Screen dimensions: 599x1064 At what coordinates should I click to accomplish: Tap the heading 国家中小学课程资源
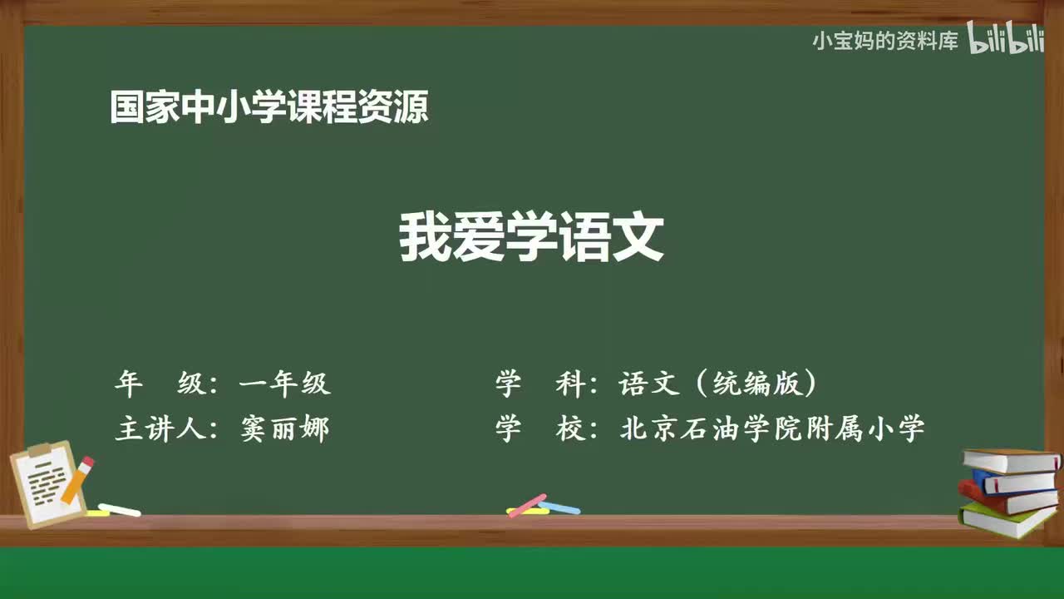[x=269, y=107]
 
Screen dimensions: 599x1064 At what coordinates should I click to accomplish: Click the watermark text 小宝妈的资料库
[x=885, y=41]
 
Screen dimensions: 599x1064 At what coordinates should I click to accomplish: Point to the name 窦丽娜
[x=285, y=429]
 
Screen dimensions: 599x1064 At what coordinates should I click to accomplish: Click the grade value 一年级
[x=285, y=384]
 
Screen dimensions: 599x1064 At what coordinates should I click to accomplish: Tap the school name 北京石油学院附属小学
[x=772, y=429]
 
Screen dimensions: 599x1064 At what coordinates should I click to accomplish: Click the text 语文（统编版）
[x=718, y=384]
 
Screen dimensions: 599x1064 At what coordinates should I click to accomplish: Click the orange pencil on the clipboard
[x=78, y=479]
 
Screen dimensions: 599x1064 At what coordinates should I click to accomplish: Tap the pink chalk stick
[x=527, y=505]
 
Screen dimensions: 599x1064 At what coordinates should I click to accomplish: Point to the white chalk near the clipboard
[x=119, y=509]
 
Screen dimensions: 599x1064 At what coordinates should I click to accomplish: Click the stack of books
[x=1009, y=493]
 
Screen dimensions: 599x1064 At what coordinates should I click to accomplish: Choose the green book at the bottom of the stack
[x=1006, y=520]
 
